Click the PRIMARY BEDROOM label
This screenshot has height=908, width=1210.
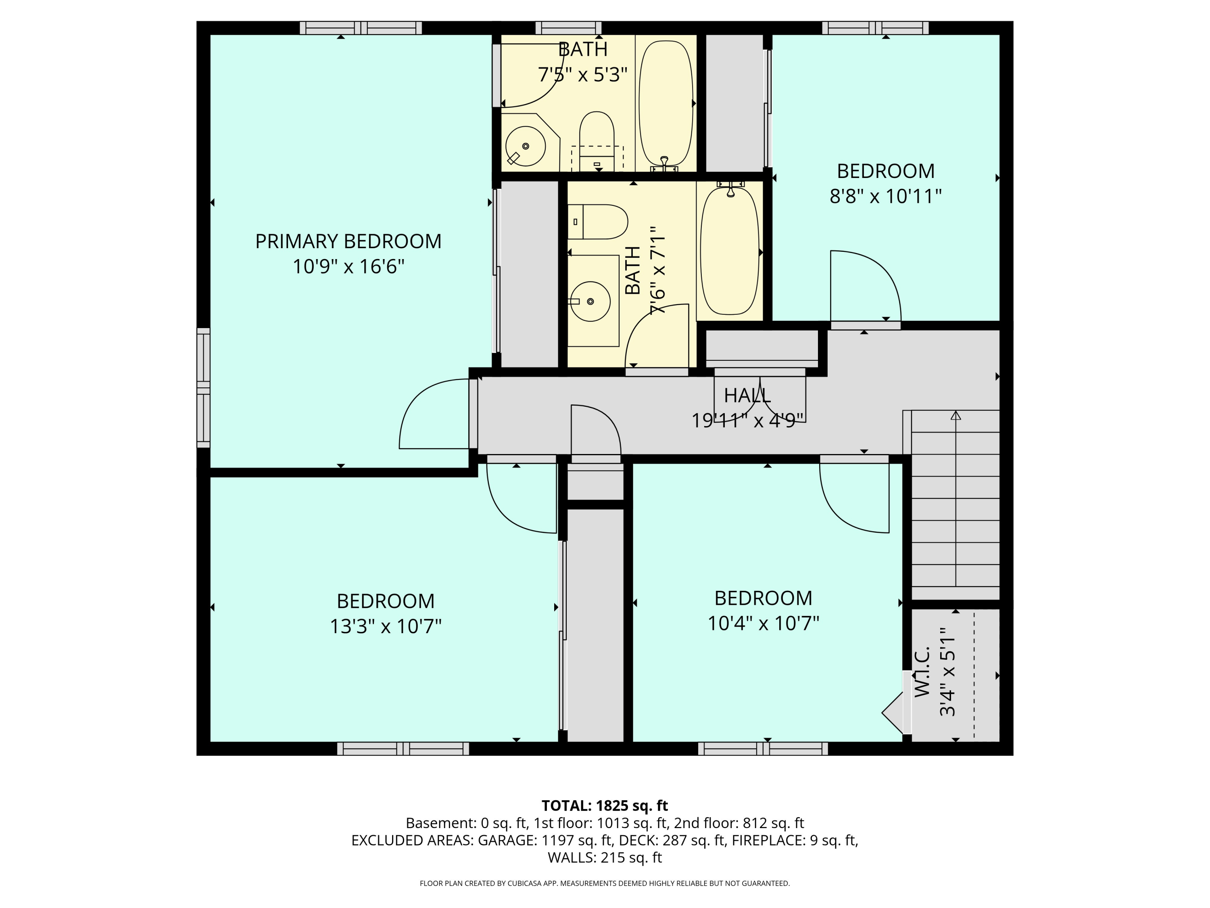pos(348,241)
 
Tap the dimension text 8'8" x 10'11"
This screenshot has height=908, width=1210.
pos(885,196)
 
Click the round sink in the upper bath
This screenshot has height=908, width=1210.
pos(525,146)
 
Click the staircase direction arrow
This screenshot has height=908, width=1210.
pos(955,416)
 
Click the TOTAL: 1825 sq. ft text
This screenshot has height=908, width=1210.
pos(605,805)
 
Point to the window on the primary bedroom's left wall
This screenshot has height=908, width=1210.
pos(204,387)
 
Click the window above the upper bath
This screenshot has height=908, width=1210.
pos(568,28)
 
